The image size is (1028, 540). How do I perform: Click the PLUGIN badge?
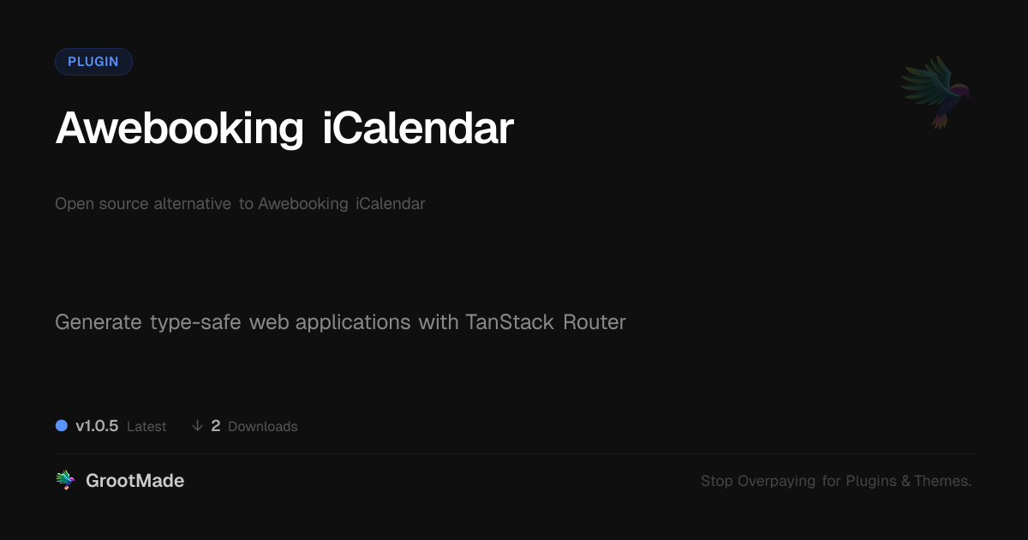(93, 62)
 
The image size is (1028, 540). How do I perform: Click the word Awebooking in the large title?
(179, 129)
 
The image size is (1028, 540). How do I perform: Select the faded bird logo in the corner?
(936, 93)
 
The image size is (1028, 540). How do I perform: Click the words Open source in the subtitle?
(101, 204)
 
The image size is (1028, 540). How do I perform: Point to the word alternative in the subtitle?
(192, 203)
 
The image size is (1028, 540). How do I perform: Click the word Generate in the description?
(99, 322)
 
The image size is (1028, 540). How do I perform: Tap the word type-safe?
(195, 323)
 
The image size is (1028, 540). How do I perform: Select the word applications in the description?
(353, 323)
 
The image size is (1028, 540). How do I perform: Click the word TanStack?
(510, 322)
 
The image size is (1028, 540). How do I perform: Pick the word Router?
(595, 322)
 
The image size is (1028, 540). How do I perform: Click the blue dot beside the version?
(62, 426)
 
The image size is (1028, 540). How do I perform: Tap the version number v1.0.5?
(97, 426)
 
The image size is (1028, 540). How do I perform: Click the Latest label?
(146, 427)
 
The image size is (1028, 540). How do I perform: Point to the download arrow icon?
(197, 426)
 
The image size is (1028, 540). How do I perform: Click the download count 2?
(216, 426)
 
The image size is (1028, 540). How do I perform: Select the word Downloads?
(262, 427)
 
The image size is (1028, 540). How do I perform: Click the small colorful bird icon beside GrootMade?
(65, 480)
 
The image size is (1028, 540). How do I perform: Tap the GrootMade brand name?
(135, 481)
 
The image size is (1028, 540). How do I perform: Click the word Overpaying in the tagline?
(776, 481)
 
